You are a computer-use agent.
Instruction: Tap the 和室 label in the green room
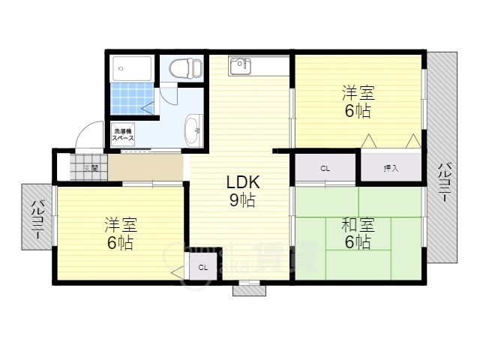358,223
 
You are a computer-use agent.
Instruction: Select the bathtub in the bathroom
132,69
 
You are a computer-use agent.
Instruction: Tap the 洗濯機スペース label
123,135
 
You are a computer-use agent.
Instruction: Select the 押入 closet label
391,168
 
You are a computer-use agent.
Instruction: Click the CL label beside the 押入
325,168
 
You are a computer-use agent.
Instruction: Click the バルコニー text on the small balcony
36,220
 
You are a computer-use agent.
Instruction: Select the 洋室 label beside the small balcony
119,224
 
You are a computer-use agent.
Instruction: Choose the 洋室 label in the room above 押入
358,93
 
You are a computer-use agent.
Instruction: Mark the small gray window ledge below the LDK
248,288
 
